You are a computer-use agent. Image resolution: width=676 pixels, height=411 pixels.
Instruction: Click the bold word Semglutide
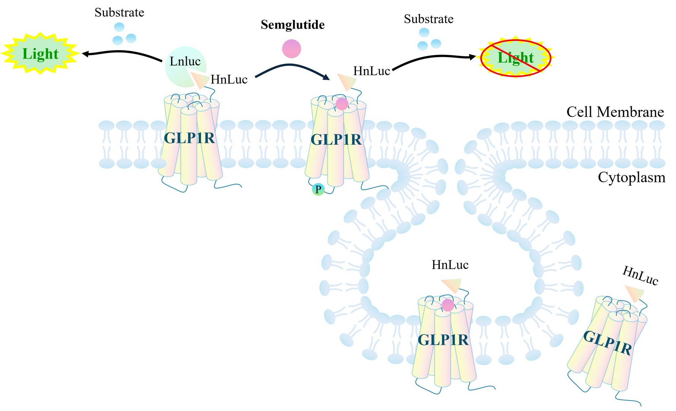click(x=292, y=25)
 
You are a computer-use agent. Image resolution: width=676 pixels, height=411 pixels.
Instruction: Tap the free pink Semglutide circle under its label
click(x=292, y=49)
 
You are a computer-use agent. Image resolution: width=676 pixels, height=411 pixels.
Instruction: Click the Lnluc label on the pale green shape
click(x=185, y=61)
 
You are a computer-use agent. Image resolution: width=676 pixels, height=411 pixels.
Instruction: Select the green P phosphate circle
click(x=318, y=189)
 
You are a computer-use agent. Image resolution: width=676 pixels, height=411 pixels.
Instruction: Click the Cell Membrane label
click(x=615, y=112)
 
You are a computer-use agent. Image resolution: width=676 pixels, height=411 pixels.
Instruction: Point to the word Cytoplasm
click(x=632, y=178)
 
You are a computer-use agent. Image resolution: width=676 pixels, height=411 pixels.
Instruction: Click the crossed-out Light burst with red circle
click(x=516, y=58)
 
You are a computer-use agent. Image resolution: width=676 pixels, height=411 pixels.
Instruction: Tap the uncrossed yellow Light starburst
click(x=40, y=54)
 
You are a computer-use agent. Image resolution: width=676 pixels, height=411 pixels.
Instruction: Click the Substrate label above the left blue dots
click(x=119, y=13)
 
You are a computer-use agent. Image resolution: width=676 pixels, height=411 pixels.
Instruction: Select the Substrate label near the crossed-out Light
click(x=428, y=19)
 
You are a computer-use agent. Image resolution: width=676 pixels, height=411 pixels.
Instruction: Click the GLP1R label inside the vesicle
click(x=443, y=340)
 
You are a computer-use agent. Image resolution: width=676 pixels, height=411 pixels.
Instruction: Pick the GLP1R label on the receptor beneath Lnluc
click(x=189, y=138)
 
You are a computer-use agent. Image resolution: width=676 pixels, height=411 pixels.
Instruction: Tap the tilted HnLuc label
click(x=640, y=276)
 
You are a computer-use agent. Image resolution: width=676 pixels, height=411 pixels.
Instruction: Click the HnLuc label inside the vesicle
click(x=450, y=265)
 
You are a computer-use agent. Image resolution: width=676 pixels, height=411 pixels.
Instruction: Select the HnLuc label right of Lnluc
click(x=229, y=80)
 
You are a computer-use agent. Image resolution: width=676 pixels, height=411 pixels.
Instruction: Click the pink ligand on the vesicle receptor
click(x=448, y=305)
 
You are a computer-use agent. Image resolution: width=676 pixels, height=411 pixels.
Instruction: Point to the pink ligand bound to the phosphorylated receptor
click(x=342, y=104)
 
